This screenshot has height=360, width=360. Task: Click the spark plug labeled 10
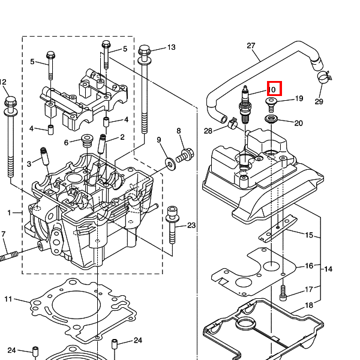[x=245, y=104]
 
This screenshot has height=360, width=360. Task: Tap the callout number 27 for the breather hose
[x=251, y=46]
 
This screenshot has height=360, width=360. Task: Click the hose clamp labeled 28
[x=233, y=123]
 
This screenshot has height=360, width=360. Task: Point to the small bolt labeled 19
[x=271, y=104]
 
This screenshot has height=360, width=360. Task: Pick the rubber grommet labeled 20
[x=271, y=119]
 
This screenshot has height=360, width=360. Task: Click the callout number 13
[x=171, y=47]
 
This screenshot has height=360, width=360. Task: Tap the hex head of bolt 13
[x=145, y=50]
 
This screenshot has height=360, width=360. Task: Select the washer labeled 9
[x=170, y=164]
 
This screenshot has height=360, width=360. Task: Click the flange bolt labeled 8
[x=185, y=155]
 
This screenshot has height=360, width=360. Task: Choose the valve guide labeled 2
[x=102, y=144]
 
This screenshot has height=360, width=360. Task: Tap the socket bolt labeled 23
[x=172, y=224]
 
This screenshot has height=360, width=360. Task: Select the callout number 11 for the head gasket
[x=8, y=299]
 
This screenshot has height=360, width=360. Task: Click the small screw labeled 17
[x=283, y=293]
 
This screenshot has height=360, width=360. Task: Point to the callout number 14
[x=328, y=269]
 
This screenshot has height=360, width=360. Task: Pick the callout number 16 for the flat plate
[x=309, y=266]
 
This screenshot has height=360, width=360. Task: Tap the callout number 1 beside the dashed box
[x=9, y=213]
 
